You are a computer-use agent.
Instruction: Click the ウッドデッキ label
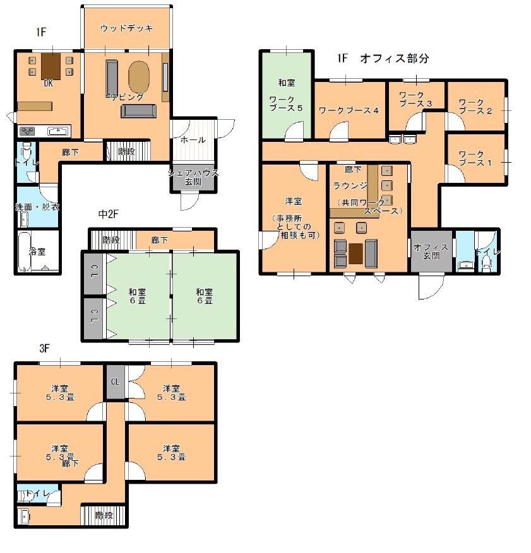[126, 28]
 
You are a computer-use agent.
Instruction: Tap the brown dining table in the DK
[51, 66]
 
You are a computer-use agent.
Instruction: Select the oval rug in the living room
[139, 77]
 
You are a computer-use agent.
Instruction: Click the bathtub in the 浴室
[25, 252]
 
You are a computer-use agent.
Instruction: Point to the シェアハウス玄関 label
[193, 177]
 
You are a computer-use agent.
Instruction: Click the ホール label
[193, 139]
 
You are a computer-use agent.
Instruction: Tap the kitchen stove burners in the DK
[27, 132]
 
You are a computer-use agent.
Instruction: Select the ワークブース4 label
[349, 110]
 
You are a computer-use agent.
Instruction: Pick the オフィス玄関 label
[431, 252]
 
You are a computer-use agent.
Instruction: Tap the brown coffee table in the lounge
[356, 253]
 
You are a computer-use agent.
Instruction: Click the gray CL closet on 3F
[116, 382]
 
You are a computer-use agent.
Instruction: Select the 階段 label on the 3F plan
[104, 515]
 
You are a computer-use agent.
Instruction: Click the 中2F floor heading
[108, 214]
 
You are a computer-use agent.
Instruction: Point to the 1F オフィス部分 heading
[383, 58]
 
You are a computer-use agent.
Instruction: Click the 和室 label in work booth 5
[286, 83]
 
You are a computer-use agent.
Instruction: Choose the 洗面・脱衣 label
[37, 207]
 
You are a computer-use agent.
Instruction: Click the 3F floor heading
[44, 349]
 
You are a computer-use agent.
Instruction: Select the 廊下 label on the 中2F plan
[160, 240]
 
